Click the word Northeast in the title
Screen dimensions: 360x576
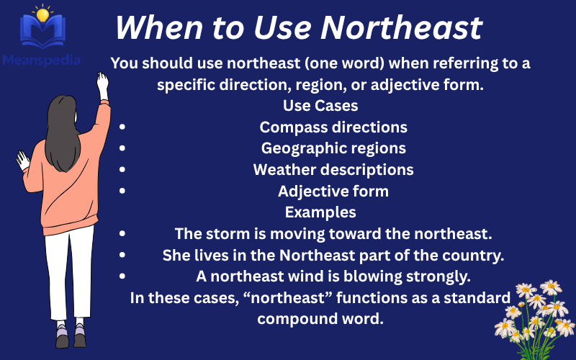(x=401, y=28)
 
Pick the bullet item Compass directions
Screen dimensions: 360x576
(x=333, y=127)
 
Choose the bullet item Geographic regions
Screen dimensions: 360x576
(x=333, y=148)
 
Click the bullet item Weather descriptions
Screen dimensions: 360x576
(x=333, y=170)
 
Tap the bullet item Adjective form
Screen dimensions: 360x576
(x=333, y=192)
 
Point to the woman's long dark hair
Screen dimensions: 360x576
(x=66, y=133)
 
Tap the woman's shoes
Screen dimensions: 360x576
(x=71, y=335)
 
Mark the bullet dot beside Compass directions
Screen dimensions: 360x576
(x=122, y=127)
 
